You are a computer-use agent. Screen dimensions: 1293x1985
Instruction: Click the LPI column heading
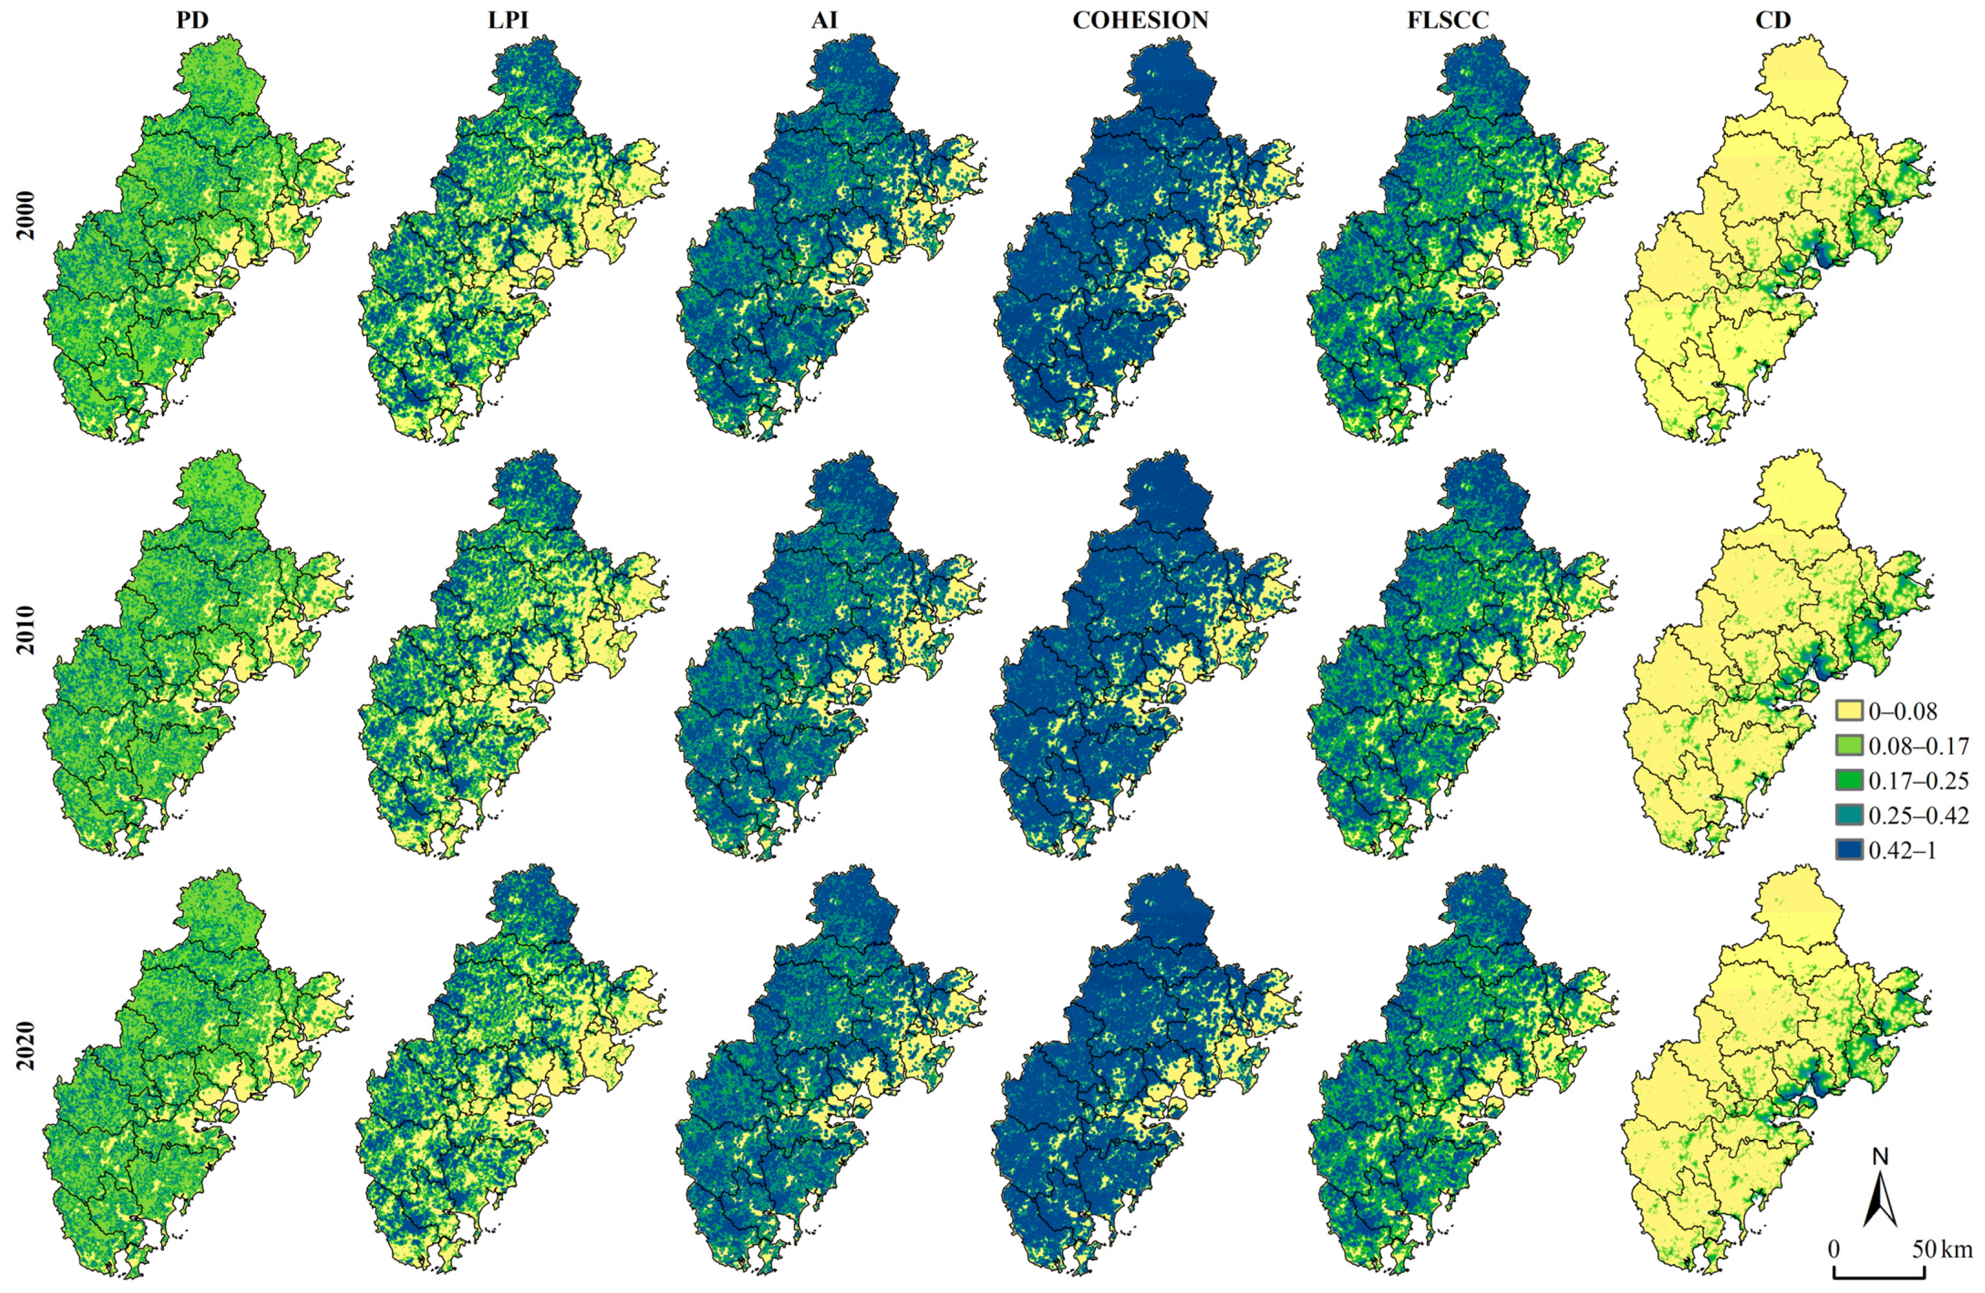point(508,21)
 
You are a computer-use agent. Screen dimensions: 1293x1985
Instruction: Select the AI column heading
point(824,21)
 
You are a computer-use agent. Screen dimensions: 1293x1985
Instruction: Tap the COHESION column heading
point(1140,21)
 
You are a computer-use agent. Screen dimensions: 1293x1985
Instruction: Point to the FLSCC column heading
point(1447,21)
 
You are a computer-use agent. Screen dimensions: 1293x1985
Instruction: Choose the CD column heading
point(1772,21)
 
